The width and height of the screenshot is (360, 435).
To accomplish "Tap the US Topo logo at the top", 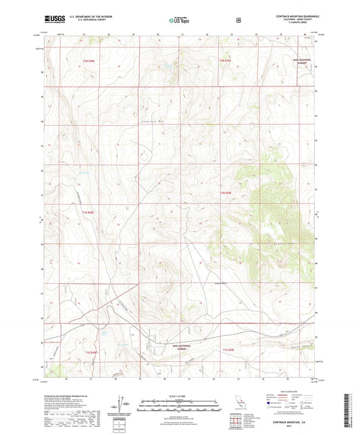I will pyautogui.click(x=178, y=20).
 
